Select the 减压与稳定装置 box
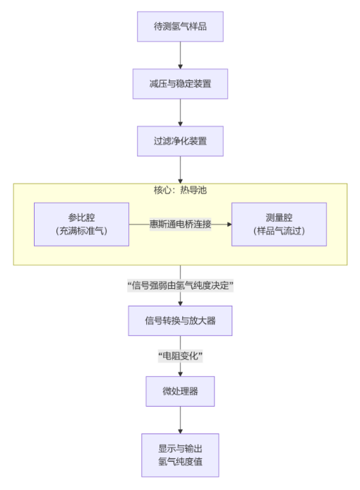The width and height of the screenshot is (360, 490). coord(179,83)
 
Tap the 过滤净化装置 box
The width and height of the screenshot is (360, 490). coord(179,141)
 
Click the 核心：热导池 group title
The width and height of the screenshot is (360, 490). coord(180,191)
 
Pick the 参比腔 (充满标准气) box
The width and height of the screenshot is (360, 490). coord(81,224)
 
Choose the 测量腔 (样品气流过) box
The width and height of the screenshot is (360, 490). coord(279,224)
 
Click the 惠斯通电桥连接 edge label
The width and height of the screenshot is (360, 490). coord(180,224)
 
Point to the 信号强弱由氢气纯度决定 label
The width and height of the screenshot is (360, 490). coord(180,285)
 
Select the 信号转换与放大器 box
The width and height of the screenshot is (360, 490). coord(179,321)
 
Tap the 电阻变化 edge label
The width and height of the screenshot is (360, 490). coord(180,356)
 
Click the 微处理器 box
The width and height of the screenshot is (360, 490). coord(179,391)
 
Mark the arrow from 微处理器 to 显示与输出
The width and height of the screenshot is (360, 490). coord(179,419)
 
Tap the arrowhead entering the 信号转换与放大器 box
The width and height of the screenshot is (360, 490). coord(179,302)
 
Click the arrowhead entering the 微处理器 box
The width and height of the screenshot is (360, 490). coord(179,373)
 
